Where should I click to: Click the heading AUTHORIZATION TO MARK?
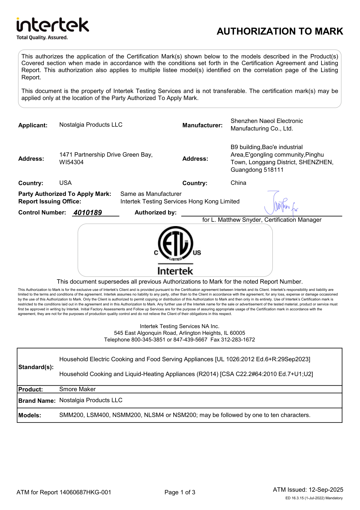(x=280, y=31)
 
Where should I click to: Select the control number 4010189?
(x=88, y=213)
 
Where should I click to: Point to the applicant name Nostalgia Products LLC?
(x=91, y=125)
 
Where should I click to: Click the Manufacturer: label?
(x=202, y=125)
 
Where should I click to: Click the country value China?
(x=238, y=183)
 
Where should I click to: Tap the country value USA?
(x=65, y=183)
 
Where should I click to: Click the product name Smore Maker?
(x=77, y=389)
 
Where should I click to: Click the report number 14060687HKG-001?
(x=85, y=492)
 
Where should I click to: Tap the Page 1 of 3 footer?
(x=180, y=492)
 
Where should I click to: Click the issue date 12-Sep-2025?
(x=326, y=490)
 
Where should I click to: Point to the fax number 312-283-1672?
(x=238, y=340)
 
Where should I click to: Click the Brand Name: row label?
(x=37, y=401)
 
